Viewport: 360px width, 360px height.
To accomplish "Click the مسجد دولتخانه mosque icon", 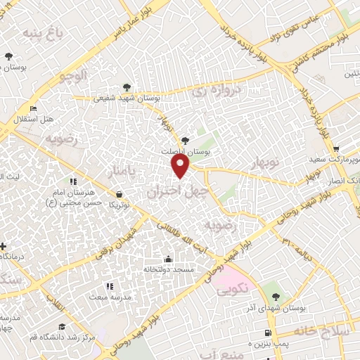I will (x=167, y=258).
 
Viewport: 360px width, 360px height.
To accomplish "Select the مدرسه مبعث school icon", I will (x=110, y=286).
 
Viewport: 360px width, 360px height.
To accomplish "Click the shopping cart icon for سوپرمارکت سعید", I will (x=337, y=148).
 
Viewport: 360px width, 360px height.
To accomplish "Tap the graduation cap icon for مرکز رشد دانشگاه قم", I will (x=62, y=327).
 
